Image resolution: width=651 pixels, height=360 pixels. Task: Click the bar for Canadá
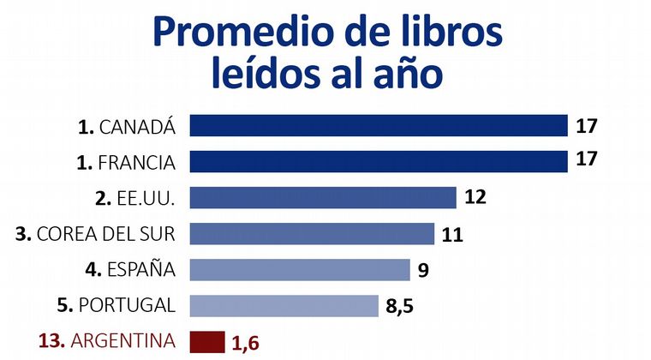click(379, 126)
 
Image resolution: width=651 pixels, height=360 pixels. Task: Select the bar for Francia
click(379, 161)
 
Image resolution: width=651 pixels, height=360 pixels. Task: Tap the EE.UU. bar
click(322, 197)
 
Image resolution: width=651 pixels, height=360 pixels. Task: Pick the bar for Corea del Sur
click(312, 233)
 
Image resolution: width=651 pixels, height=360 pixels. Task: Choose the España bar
click(300, 269)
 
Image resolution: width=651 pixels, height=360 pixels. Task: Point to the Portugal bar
click(284, 305)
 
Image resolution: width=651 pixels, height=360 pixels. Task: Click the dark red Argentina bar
click(206, 341)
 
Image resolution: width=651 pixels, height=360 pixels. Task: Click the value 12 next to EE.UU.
click(475, 197)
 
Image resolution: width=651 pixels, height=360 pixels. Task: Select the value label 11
click(453, 234)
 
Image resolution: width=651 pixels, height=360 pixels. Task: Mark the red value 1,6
click(245, 343)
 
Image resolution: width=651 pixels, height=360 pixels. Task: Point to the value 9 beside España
click(423, 270)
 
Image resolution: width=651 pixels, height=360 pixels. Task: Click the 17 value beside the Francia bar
click(587, 161)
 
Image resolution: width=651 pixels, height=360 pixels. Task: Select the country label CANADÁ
click(138, 127)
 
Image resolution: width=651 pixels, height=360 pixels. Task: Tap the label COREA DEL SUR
click(106, 234)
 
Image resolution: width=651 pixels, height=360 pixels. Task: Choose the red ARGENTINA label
click(124, 341)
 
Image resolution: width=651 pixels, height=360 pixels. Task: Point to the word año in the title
click(407, 75)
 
